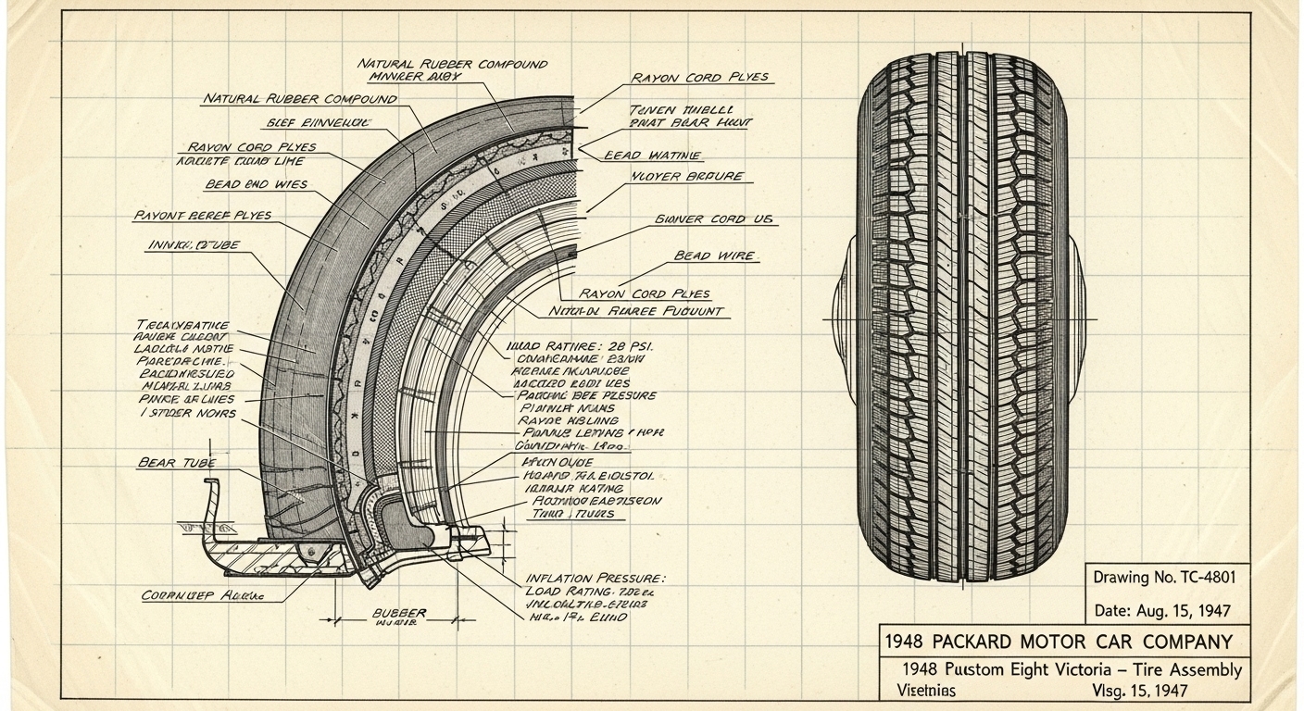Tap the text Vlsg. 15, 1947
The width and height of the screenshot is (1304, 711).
point(1135,691)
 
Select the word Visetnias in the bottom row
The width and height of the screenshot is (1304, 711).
point(927,691)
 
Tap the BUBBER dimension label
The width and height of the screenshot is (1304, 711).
point(399,613)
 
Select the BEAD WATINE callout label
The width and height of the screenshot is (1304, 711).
point(652,156)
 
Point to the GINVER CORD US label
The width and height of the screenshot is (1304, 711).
point(714,220)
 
